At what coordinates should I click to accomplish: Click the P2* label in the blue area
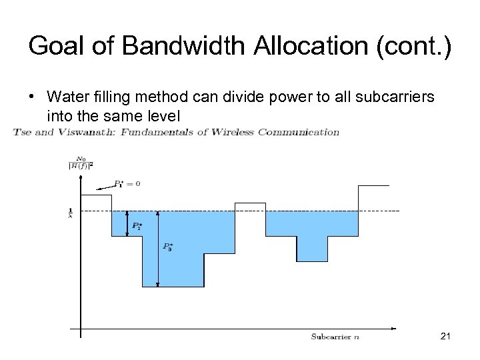coord(137,227)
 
